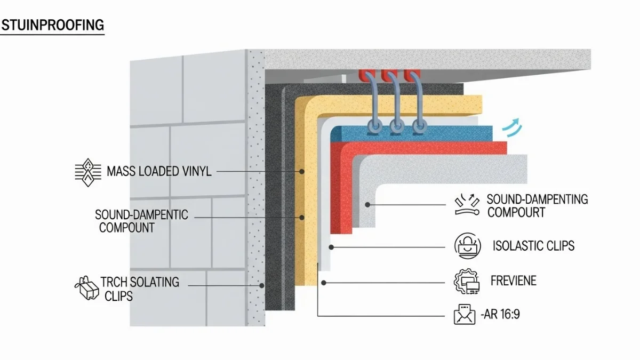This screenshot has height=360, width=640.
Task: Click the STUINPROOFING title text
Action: click(x=52, y=25)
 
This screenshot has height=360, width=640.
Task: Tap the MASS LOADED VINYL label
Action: click(x=159, y=172)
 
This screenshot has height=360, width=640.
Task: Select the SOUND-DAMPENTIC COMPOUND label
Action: click(x=141, y=221)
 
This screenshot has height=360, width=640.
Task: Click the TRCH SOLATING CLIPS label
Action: click(x=140, y=289)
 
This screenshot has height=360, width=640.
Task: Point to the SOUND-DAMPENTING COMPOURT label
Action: click(x=537, y=205)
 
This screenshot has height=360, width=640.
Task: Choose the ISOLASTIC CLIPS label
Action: click(x=533, y=246)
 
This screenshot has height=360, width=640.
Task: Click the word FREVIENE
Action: click(x=513, y=281)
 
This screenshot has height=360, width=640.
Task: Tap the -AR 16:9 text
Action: click(x=500, y=315)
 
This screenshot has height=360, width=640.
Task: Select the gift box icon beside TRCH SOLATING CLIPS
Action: click(x=86, y=289)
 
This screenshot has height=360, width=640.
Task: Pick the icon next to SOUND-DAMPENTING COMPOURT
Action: click(x=466, y=205)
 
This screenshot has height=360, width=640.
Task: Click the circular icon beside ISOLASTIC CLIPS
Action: click(x=466, y=246)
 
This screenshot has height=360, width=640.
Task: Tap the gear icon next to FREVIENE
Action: click(x=466, y=281)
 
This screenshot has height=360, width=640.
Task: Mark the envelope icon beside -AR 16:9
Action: click(x=464, y=315)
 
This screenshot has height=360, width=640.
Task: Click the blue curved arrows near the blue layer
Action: click(x=513, y=127)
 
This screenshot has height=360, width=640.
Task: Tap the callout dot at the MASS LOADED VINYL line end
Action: click(x=302, y=172)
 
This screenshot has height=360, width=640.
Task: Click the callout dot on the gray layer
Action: click(x=367, y=205)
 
